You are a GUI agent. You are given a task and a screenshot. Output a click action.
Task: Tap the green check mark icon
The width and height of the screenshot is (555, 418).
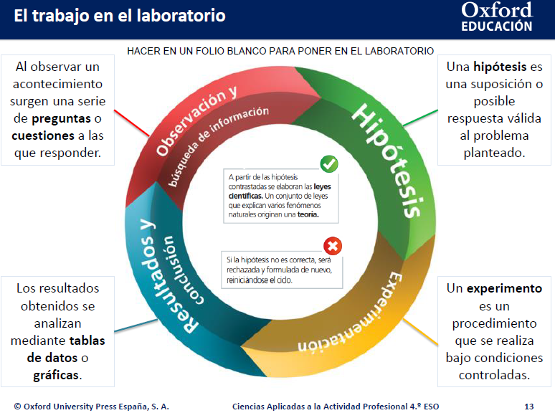coord(329,163)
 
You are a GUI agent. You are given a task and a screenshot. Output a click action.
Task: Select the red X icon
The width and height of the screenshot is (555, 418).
coord(333,247)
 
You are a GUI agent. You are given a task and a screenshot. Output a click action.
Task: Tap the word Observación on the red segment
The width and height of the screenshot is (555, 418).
coord(189,123)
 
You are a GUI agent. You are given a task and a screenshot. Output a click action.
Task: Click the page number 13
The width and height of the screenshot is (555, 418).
coord(528,407)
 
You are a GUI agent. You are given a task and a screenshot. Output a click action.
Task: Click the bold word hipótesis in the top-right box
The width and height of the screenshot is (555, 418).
coord(500,67)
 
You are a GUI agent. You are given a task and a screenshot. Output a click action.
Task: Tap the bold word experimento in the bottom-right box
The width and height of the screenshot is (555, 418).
coord(504,289)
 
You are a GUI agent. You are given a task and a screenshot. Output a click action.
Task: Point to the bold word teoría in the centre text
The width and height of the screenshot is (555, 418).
coord(305,214)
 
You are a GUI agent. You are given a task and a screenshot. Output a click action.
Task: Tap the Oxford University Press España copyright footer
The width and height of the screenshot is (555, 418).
coord(91,407)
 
